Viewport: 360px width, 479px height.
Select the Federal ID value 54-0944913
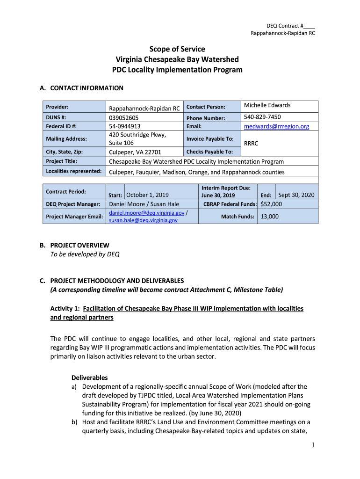(125, 126)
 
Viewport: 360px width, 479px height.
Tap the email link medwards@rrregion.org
(277, 126)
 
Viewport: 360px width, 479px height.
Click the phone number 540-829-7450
(262, 117)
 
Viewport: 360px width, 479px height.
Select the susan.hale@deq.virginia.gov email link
(143, 220)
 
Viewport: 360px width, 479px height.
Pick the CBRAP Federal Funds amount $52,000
(271, 204)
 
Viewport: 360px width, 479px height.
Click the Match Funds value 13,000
(269, 217)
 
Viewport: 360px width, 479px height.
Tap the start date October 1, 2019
(147, 195)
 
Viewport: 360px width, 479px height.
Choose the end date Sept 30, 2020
(296, 195)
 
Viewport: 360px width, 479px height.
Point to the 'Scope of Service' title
(177, 49)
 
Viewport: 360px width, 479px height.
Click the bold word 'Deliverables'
(89, 377)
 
